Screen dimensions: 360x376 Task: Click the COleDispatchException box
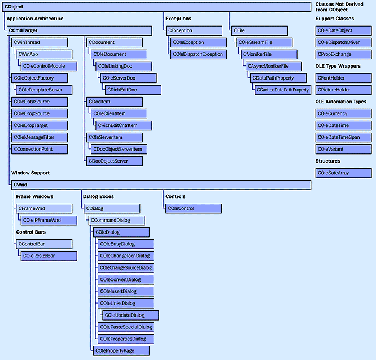[198, 54]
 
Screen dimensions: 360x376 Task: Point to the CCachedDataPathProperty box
[282, 90]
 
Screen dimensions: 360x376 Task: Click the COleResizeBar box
[49, 256]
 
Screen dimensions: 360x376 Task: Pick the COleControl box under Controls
[193, 208]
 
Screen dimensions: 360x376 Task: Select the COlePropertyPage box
[121, 350]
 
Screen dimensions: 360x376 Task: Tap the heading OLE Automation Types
[340, 102]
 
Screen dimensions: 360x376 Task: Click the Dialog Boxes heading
[98, 196]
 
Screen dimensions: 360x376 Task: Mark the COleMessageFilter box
[39, 137]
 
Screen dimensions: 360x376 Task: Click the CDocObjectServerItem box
[119, 149]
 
